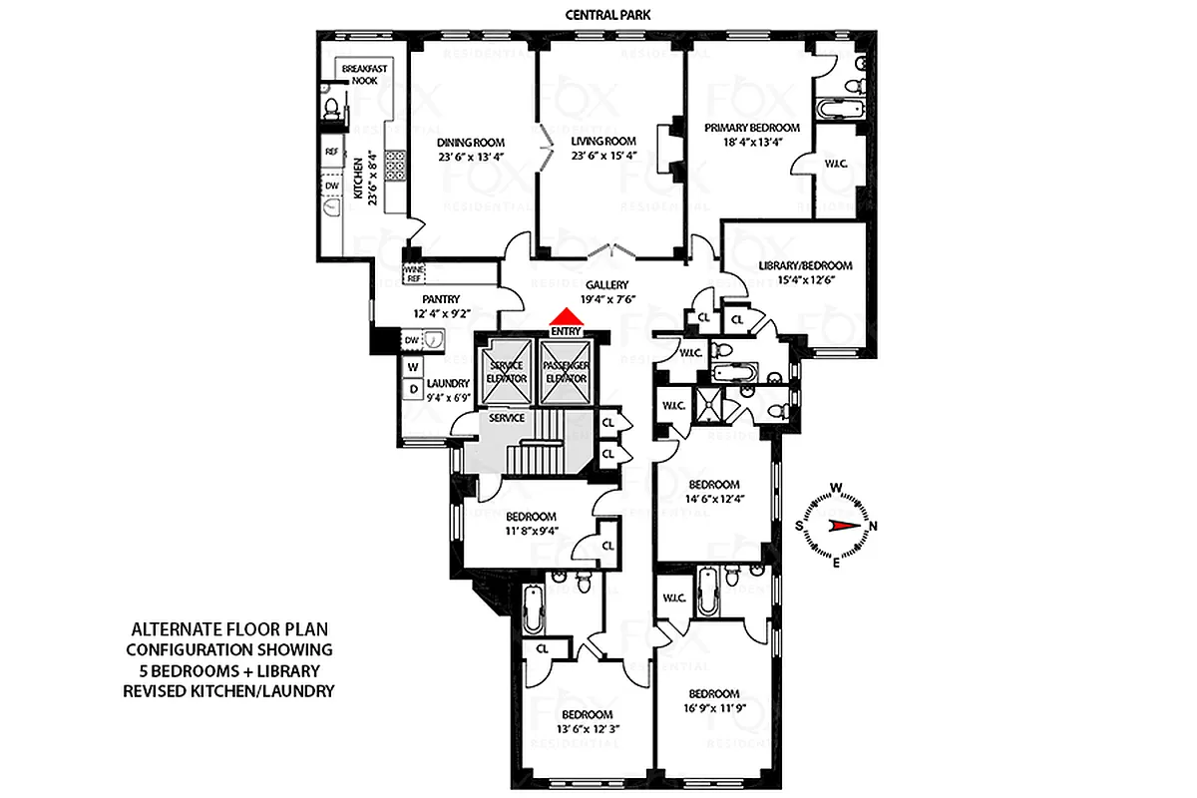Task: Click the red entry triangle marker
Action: click(566, 316)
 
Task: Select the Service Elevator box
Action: click(507, 372)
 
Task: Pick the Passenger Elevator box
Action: click(566, 372)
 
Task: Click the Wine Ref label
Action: click(413, 273)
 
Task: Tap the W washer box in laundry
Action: click(411, 367)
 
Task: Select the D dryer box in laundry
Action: click(411, 388)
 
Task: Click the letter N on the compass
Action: click(875, 527)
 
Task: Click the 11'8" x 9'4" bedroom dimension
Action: click(530, 531)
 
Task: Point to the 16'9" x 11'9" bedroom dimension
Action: click(712, 708)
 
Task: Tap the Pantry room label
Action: click(440, 298)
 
